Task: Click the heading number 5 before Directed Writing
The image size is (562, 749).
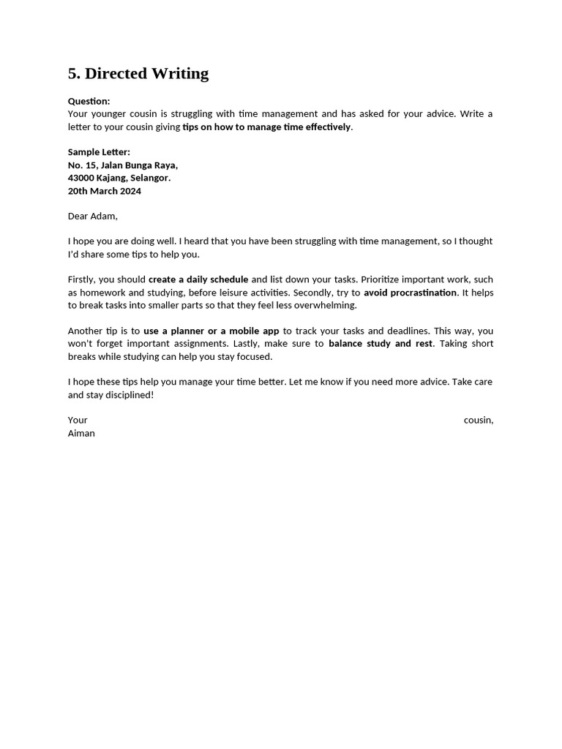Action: [x=73, y=73]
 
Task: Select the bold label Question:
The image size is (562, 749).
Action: [x=89, y=101]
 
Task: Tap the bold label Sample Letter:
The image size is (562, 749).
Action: [x=99, y=152]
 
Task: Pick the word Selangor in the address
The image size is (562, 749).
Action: [x=150, y=178]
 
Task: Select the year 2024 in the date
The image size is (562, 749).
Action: [x=130, y=191]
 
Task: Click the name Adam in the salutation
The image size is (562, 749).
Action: [x=103, y=216]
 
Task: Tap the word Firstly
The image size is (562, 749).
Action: [x=80, y=279]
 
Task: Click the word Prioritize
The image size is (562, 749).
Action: [x=385, y=279]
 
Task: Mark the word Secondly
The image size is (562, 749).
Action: [x=312, y=293]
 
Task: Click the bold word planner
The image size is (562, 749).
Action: [x=187, y=331]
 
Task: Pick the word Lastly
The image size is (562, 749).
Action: [x=247, y=344]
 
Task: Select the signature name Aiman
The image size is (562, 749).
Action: [x=81, y=433]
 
